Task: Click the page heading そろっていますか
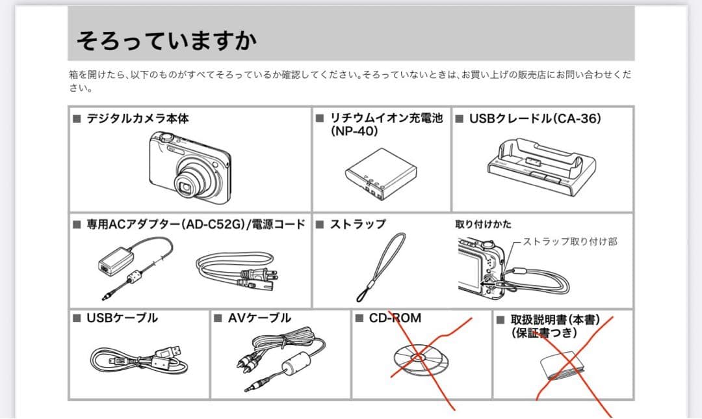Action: (x=166, y=40)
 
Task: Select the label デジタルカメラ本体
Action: (x=138, y=118)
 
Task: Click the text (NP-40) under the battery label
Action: (x=355, y=131)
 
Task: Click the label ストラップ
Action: (x=357, y=224)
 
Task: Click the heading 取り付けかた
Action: (x=483, y=224)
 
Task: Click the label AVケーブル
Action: (x=259, y=318)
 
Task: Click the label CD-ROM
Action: (x=395, y=318)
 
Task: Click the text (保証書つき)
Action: (x=544, y=332)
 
